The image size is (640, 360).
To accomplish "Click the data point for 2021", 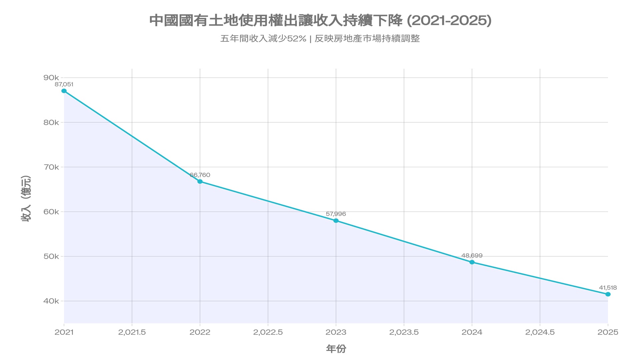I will click(x=64, y=91).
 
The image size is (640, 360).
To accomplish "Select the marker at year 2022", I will click(x=200, y=182).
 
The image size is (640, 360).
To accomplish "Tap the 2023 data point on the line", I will click(x=336, y=221).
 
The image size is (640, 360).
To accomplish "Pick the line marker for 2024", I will click(x=472, y=262).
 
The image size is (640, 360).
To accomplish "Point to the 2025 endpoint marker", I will click(x=608, y=294).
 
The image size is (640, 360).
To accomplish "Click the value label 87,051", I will click(x=64, y=84).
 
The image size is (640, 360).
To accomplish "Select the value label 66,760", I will click(x=200, y=175).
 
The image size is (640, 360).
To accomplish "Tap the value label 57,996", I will click(x=336, y=214).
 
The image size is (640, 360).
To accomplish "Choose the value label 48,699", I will click(x=472, y=256).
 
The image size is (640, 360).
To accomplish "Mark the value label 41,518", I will click(x=608, y=288).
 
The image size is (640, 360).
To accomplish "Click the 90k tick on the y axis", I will click(x=51, y=78).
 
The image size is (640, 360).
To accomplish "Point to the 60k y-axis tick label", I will click(x=51, y=212).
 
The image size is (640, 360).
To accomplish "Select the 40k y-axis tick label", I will click(x=51, y=301).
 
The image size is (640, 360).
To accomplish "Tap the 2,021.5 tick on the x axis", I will click(x=132, y=332).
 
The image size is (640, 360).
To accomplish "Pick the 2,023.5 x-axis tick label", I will click(x=404, y=332).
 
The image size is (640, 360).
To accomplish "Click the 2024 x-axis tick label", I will click(x=472, y=332).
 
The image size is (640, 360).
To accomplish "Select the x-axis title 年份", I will click(x=336, y=349).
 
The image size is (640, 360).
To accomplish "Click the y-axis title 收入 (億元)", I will click(x=26, y=199).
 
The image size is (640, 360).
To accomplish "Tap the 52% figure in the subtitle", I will click(x=297, y=39).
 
